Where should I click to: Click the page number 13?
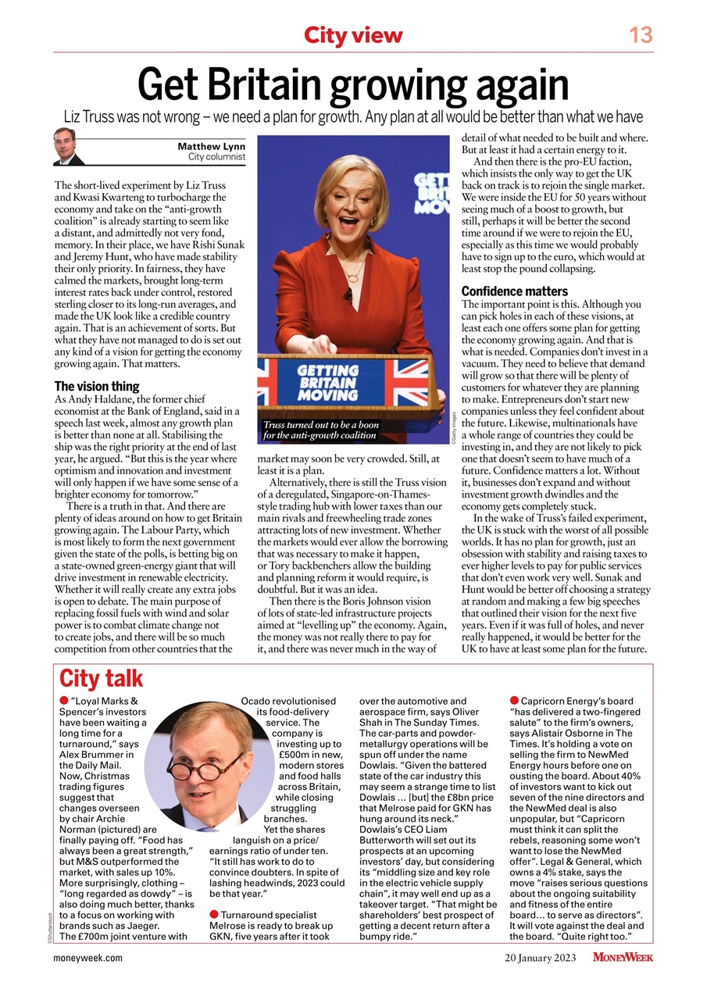tap(641, 34)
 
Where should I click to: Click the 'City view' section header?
tap(353, 35)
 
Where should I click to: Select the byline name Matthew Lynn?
tap(211, 146)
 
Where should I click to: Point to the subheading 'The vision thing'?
tap(97, 386)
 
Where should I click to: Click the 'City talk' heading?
tap(102, 678)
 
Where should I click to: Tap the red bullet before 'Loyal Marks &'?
tap(63, 702)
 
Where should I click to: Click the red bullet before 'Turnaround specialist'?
tap(213, 913)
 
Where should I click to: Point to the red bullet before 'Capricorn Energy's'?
tap(514, 701)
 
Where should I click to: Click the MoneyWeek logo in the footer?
tap(623, 957)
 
